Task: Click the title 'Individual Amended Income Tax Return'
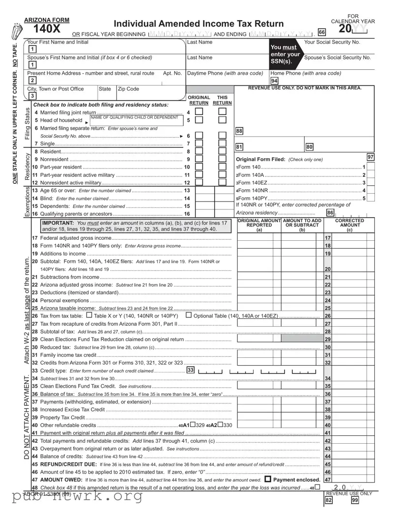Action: pyautogui.click(x=199, y=24)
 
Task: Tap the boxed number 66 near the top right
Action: pyautogui.click(x=322, y=32)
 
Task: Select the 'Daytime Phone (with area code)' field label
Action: pyautogui.click(x=226, y=73)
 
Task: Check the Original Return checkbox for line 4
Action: pyautogui.click(x=199, y=113)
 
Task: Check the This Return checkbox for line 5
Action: pyautogui.click(x=222, y=120)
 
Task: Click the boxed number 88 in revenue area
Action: pyautogui.click(x=239, y=131)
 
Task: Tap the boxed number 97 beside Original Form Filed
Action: pyautogui.click(x=371, y=157)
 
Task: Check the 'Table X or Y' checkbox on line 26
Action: pyautogui.click(x=89, y=315)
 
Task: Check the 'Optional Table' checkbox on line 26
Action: pyautogui.click(x=189, y=315)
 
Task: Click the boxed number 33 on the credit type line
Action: pyautogui.click(x=190, y=370)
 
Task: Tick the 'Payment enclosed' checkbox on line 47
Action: pyautogui.click(x=268, y=479)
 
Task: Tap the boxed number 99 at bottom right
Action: pyautogui.click(x=355, y=500)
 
